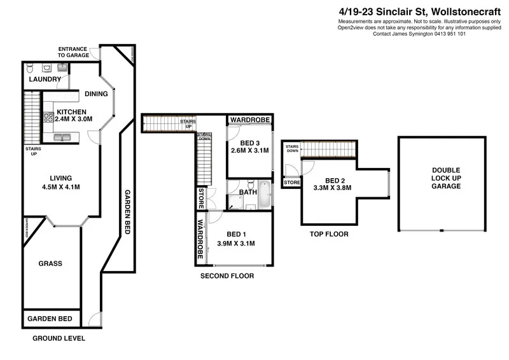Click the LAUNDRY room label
[45, 80]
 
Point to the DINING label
[96, 94]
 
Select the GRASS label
[50, 263]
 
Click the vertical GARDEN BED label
[127, 212]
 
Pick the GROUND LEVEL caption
[58, 339]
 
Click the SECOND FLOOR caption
[227, 276]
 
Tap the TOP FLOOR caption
[328, 234]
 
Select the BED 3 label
[249, 142]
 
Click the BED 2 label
[332, 179]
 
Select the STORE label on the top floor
[292, 183]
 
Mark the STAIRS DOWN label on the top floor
[292, 149]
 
